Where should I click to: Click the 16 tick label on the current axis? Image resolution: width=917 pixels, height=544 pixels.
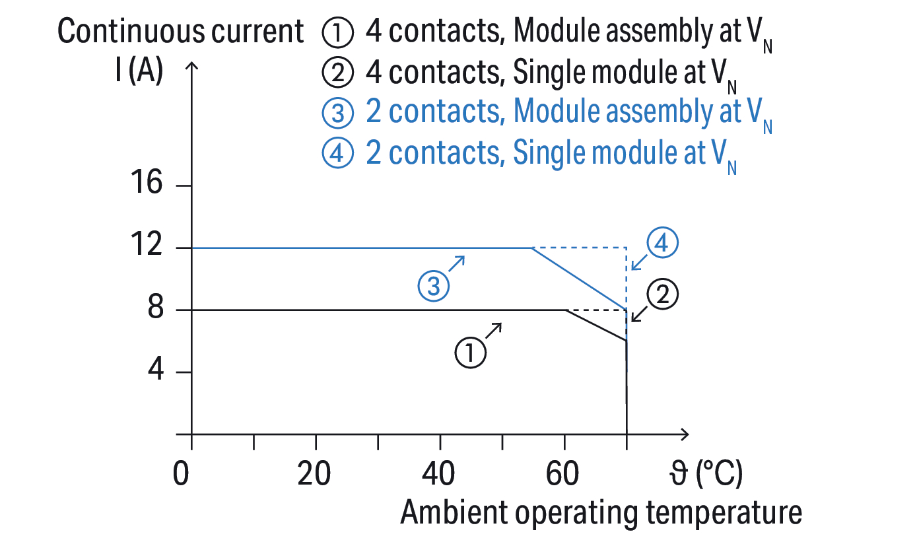tap(146, 184)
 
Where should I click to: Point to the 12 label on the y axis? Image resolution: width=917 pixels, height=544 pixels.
tap(146, 247)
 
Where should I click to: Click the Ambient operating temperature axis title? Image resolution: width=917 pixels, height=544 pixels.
tap(601, 513)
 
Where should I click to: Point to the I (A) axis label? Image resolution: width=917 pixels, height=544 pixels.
tap(138, 71)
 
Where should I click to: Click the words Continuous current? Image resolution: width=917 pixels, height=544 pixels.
tap(180, 32)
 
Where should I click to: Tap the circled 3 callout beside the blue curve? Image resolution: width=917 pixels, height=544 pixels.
tap(434, 285)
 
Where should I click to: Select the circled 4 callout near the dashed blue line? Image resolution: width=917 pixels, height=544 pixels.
tap(662, 244)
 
